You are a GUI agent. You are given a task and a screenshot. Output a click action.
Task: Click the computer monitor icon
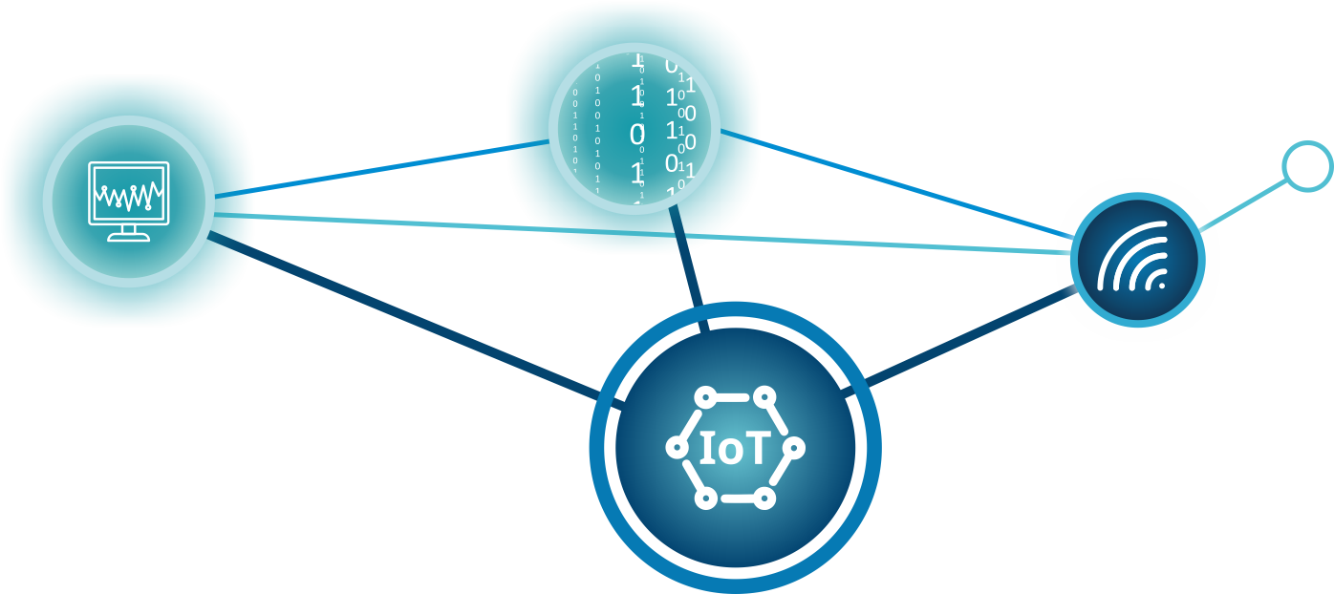click(128, 200)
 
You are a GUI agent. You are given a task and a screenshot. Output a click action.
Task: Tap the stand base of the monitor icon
click(128, 237)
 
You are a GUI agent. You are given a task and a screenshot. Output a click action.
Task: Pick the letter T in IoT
click(757, 449)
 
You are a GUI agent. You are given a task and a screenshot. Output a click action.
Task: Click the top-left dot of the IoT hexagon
click(705, 396)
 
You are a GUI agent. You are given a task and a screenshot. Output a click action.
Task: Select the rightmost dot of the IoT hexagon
click(794, 447)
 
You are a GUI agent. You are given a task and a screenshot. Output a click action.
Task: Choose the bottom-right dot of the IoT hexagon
click(764, 498)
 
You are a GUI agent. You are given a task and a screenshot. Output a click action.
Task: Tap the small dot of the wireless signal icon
click(1162, 285)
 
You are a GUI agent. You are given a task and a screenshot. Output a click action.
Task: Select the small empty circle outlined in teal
click(1306, 166)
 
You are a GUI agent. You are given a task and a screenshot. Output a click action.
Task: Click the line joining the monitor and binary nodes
click(382, 169)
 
